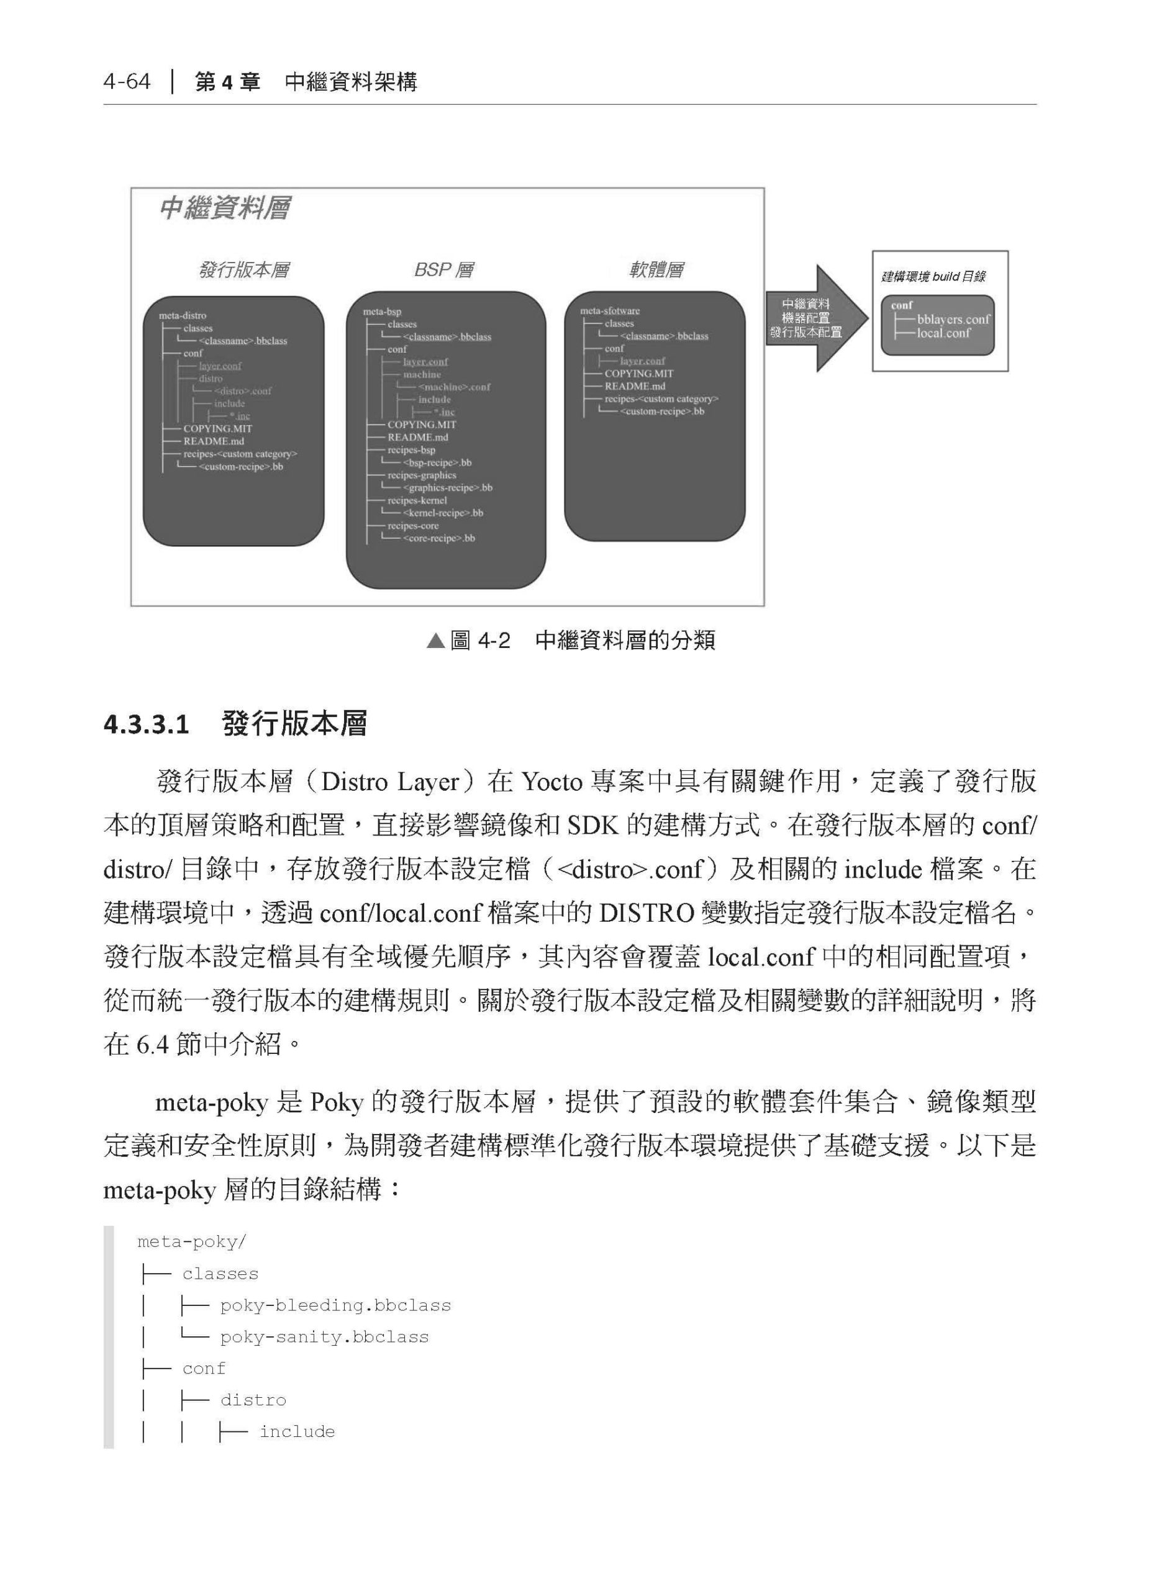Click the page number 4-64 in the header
click(x=127, y=82)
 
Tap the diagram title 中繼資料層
click(x=225, y=209)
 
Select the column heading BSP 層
click(x=444, y=270)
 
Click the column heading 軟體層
click(x=656, y=270)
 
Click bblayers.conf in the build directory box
click(x=953, y=320)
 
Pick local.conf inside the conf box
click(x=943, y=333)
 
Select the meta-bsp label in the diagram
click(x=382, y=312)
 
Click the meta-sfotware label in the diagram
click(x=610, y=311)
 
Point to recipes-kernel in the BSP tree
click(x=417, y=500)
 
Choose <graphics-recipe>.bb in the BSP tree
click(x=447, y=488)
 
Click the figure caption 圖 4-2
click(x=480, y=641)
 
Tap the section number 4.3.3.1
click(x=147, y=725)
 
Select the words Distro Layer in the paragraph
click(x=390, y=782)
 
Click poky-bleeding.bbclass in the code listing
click(x=335, y=1305)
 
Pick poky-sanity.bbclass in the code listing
click(x=324, y=1336)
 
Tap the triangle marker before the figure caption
click(x=435, y=641)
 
